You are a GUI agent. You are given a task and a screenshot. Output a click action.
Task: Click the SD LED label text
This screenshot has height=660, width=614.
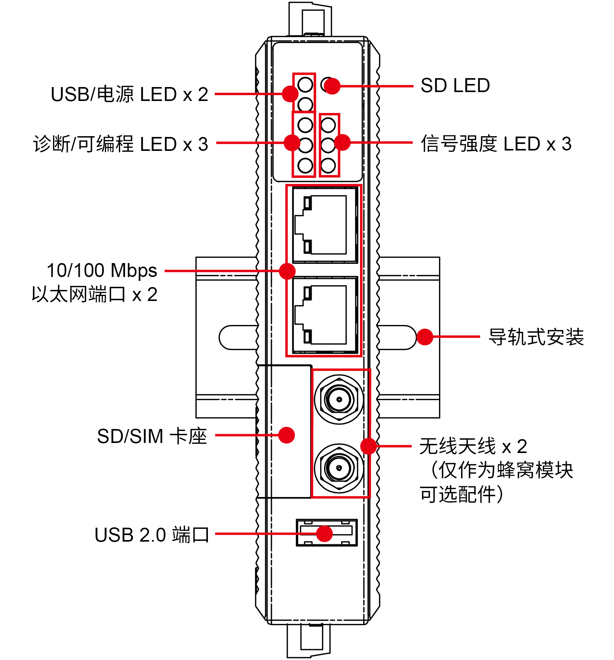pyautogui.click(x=455, y=85)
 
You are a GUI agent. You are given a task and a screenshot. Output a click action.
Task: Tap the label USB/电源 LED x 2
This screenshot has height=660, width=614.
pyautogui.click(x=129, y=94)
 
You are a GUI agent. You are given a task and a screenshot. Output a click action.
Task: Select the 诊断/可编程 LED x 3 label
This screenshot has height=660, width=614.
pyautogui.click(x=120, y=144)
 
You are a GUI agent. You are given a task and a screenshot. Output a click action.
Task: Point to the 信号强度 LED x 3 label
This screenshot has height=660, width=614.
pyautogui.click(x=496, y=144)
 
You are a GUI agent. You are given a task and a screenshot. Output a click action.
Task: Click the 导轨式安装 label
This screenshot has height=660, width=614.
pyautogui.click(x=536, y=337)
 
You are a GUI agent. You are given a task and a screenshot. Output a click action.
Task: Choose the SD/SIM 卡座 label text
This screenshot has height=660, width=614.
pyautogui.click(x=152, y=436)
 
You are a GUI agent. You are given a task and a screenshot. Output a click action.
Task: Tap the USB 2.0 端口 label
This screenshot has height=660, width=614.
pyautogui.click(x=152, y=535)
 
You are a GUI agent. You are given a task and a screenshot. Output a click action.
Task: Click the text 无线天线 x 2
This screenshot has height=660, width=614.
pyautogui.click(x=473, y=446)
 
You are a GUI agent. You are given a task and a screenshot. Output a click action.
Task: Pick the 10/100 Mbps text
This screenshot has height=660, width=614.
pyautogui.click(x=102, y=270)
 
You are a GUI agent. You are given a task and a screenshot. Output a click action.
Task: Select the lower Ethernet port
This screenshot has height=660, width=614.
pyautogui.click(x=325, y=315)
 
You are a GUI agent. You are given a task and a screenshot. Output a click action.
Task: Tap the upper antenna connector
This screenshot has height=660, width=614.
pyautogui.click(x=339, y=399)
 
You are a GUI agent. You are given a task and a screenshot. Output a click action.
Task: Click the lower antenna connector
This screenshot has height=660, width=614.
pyautogui.click(x=339, y=468)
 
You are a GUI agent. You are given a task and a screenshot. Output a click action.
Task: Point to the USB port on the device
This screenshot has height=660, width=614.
pyautogui.click(x=326, y=533)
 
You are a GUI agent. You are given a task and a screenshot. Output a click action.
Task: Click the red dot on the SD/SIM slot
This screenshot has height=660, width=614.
pyautogui.click(x=286, y=435)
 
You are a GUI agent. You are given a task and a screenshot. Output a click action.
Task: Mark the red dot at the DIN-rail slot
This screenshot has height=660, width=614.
pyautogui.click(x=425, y=337)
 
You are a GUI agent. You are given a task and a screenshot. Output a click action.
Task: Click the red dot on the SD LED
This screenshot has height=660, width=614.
pyautogui.click(x=332, y=86)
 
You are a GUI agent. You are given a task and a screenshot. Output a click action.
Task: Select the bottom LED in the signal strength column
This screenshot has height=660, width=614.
pyautogui.click(x=328, y=166)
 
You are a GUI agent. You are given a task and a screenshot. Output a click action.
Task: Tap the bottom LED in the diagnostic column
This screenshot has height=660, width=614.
pyautogui.click(x=305, y=166)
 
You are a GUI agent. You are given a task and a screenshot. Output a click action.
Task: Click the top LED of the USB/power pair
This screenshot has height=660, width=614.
pyautogui.click(x=305, y=84)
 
